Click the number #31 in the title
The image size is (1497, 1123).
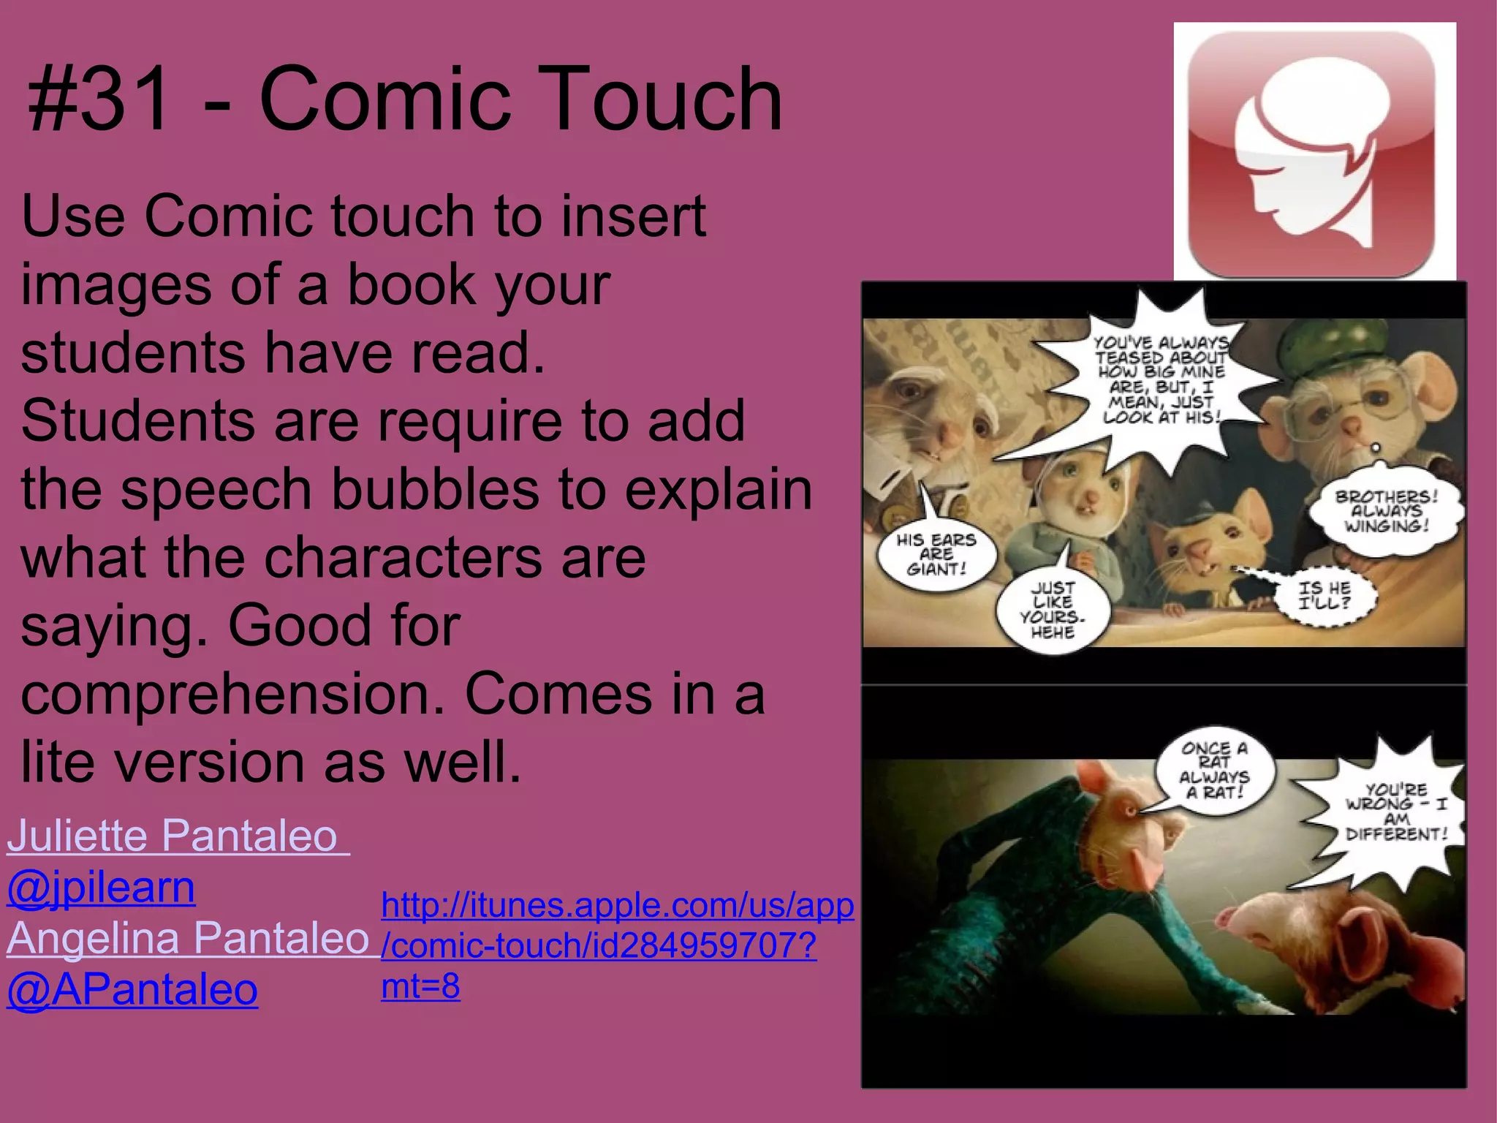pos(99,99)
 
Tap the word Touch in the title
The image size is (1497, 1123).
pos(662,99)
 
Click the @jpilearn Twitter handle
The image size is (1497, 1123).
pos(101,888)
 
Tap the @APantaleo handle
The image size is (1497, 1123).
pos(132,990)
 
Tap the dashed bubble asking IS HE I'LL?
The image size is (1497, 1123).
pos(1324,596)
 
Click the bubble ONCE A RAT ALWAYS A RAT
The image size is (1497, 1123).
pos(1214,771)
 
